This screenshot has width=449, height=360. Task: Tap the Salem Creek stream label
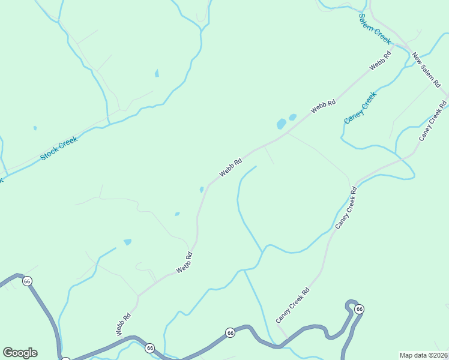(375, 28)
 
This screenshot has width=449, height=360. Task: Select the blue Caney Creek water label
(360, 107)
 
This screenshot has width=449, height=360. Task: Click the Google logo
(20, 353)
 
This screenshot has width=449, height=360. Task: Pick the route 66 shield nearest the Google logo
(27, 281)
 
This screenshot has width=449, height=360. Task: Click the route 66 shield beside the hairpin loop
(359, 309)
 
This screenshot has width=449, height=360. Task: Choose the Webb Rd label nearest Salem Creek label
(380, 61)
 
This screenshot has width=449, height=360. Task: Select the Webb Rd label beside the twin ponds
(323, 108)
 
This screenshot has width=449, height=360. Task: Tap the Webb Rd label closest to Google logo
(123, 325)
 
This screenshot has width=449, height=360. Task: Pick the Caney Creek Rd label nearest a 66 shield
(293, 305)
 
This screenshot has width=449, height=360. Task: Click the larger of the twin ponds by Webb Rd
(281, 124)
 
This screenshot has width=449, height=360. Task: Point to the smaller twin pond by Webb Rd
(292, 117)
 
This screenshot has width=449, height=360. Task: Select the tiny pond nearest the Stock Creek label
(35, 128)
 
